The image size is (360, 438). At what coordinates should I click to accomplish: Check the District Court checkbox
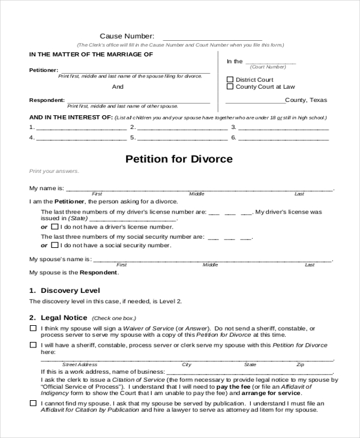[230, 80]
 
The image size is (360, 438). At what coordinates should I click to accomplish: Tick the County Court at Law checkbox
[230, 87]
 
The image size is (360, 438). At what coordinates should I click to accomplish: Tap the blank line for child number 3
[284, 128]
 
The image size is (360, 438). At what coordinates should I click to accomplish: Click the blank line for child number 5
[182, 138]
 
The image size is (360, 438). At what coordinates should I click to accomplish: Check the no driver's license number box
[55, 227]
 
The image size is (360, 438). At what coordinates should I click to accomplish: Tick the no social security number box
[55, 245]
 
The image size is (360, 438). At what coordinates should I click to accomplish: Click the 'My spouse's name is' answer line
[212, 260]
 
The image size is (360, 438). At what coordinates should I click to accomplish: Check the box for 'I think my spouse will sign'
[32, 329]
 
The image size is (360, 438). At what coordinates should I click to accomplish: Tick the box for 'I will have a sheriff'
[32, 345]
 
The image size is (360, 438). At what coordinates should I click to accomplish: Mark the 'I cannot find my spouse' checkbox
[32, 403]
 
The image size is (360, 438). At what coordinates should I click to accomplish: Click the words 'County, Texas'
[307, 100]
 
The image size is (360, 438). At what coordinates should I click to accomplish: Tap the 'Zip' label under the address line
[300, 365]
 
